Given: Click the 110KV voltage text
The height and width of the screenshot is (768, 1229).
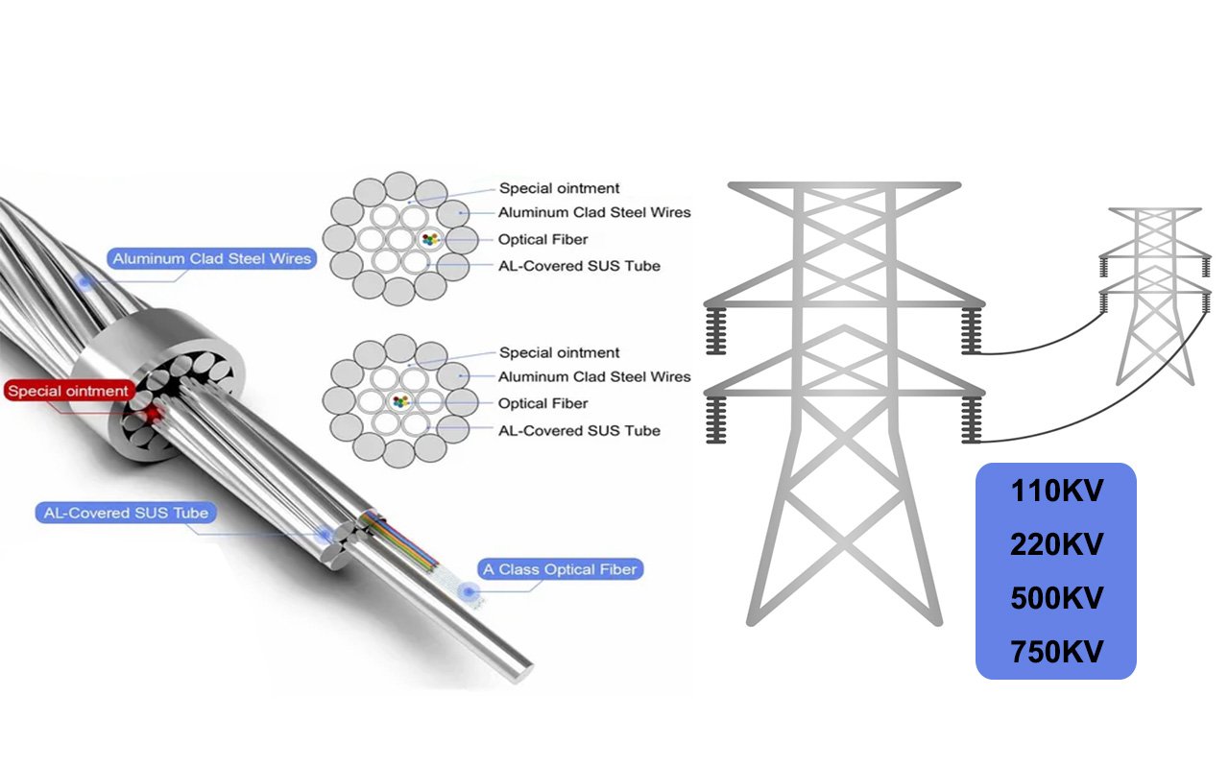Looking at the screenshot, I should click(x=1056, y=492).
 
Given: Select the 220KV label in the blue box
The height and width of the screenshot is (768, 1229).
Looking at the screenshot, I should click(x=1056, y=545).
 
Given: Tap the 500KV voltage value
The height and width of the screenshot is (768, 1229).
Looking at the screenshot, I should click(x=1056, y=599).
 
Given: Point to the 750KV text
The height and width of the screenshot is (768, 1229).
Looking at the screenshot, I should click(x=1056, y=653).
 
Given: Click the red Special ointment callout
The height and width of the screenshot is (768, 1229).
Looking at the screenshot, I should click(x=68, y=391).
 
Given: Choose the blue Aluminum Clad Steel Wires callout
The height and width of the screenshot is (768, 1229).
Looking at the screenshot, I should click(x=211, y=258).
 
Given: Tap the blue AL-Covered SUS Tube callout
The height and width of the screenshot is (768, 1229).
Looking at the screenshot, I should click(x=125, y=513).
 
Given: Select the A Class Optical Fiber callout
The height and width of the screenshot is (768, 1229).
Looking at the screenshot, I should click(x=559, y=569).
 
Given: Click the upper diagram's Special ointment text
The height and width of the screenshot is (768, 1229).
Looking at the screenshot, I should click(x=559, y=188).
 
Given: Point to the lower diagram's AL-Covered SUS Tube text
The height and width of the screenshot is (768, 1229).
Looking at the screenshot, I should click(x=579, y=430).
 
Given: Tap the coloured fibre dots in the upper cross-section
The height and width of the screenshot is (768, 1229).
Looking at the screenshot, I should click(x=427, y=238).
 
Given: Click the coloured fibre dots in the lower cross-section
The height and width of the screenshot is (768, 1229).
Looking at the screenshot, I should click(x=398, y=401).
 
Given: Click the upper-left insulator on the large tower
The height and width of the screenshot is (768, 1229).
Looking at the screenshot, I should click(x=714, y=332).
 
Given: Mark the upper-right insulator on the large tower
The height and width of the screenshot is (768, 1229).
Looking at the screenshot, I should click(x=972, y=332).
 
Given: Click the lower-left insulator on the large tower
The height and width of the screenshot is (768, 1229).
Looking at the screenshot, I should click(x=714, y=420).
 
